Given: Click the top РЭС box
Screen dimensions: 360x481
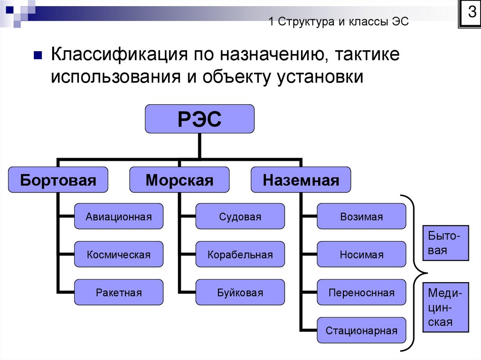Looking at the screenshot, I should click(x=200, y=119).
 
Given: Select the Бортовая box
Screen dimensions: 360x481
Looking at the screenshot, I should click(x=58, y=180).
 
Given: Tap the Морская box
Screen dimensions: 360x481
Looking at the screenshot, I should click(x=179, y=180).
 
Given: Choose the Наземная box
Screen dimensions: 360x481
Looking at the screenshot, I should click(x=301, y=180).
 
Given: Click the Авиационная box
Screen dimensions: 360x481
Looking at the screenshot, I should click(x=119, y=216).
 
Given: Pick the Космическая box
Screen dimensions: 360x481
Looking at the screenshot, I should click(x=119, y=254).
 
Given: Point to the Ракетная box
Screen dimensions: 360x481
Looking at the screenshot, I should click(x=119, y=292).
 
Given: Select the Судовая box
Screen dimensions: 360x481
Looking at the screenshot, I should click(x=240, y=216).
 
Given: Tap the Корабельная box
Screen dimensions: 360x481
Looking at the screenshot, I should click(x=240, y=254).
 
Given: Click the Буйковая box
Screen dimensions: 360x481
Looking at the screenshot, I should click(x=240, y=292).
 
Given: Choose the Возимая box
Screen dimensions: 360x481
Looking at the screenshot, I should click(x=361, y=216).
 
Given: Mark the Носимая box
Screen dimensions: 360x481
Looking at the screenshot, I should click(x=361, y=254).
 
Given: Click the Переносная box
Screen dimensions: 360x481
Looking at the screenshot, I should click(x=361, y=292).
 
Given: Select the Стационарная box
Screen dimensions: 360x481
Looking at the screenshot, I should click(x=361, y=330).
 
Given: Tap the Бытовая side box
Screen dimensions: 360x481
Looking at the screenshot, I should click(x=446, y=243).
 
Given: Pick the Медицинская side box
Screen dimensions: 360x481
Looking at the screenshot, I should click(x=446, y=307).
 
